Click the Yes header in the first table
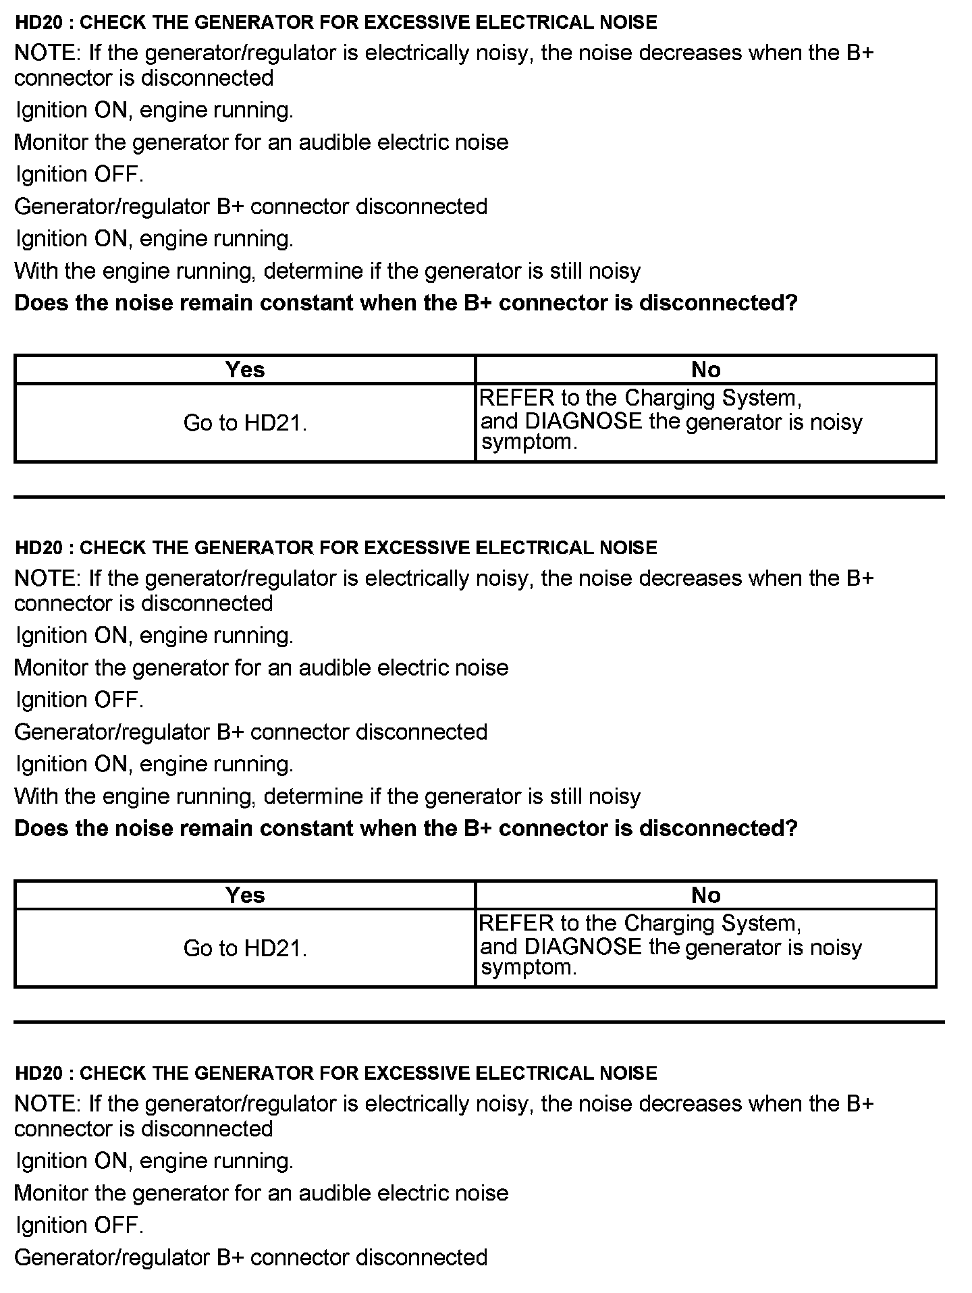click(245, 370)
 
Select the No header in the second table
click(705, 896)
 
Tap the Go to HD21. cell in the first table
click(245, 423)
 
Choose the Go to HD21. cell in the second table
click(245, 949)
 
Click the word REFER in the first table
click(516, 398)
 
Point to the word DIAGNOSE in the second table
click(583, 947)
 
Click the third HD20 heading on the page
click(335, 1074)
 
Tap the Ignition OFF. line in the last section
click(80, 1225)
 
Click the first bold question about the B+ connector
click(406, 303)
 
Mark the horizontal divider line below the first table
click(479, 497)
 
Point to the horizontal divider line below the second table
click(479, 1022)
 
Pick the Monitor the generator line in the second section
click(261, 668)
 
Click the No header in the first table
click(705, 370)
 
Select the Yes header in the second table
click(245, 896)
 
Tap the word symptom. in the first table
click(529, 443)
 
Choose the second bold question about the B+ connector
click(406, 829)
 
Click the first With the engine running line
click(327, 271)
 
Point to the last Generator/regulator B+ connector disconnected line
click(250, 1257)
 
